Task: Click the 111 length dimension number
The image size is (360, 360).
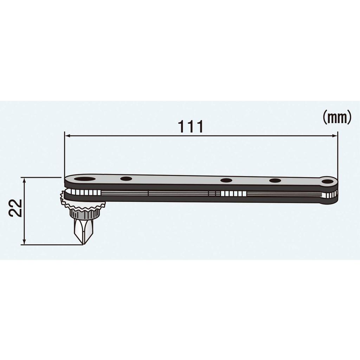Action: (191, 126)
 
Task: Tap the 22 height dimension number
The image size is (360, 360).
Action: (16, 208)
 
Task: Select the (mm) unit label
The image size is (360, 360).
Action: (337, 118)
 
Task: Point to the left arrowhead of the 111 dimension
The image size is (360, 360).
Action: (67, 136)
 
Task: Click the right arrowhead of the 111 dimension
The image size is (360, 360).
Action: (335, 136)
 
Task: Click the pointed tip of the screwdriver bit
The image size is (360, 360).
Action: (83, 243)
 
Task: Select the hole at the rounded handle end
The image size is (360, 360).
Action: (328, 182)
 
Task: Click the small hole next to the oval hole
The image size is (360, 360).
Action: (126, 179)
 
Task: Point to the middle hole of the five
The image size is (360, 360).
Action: (226, 181)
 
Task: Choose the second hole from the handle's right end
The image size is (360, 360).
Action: (275, 181)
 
